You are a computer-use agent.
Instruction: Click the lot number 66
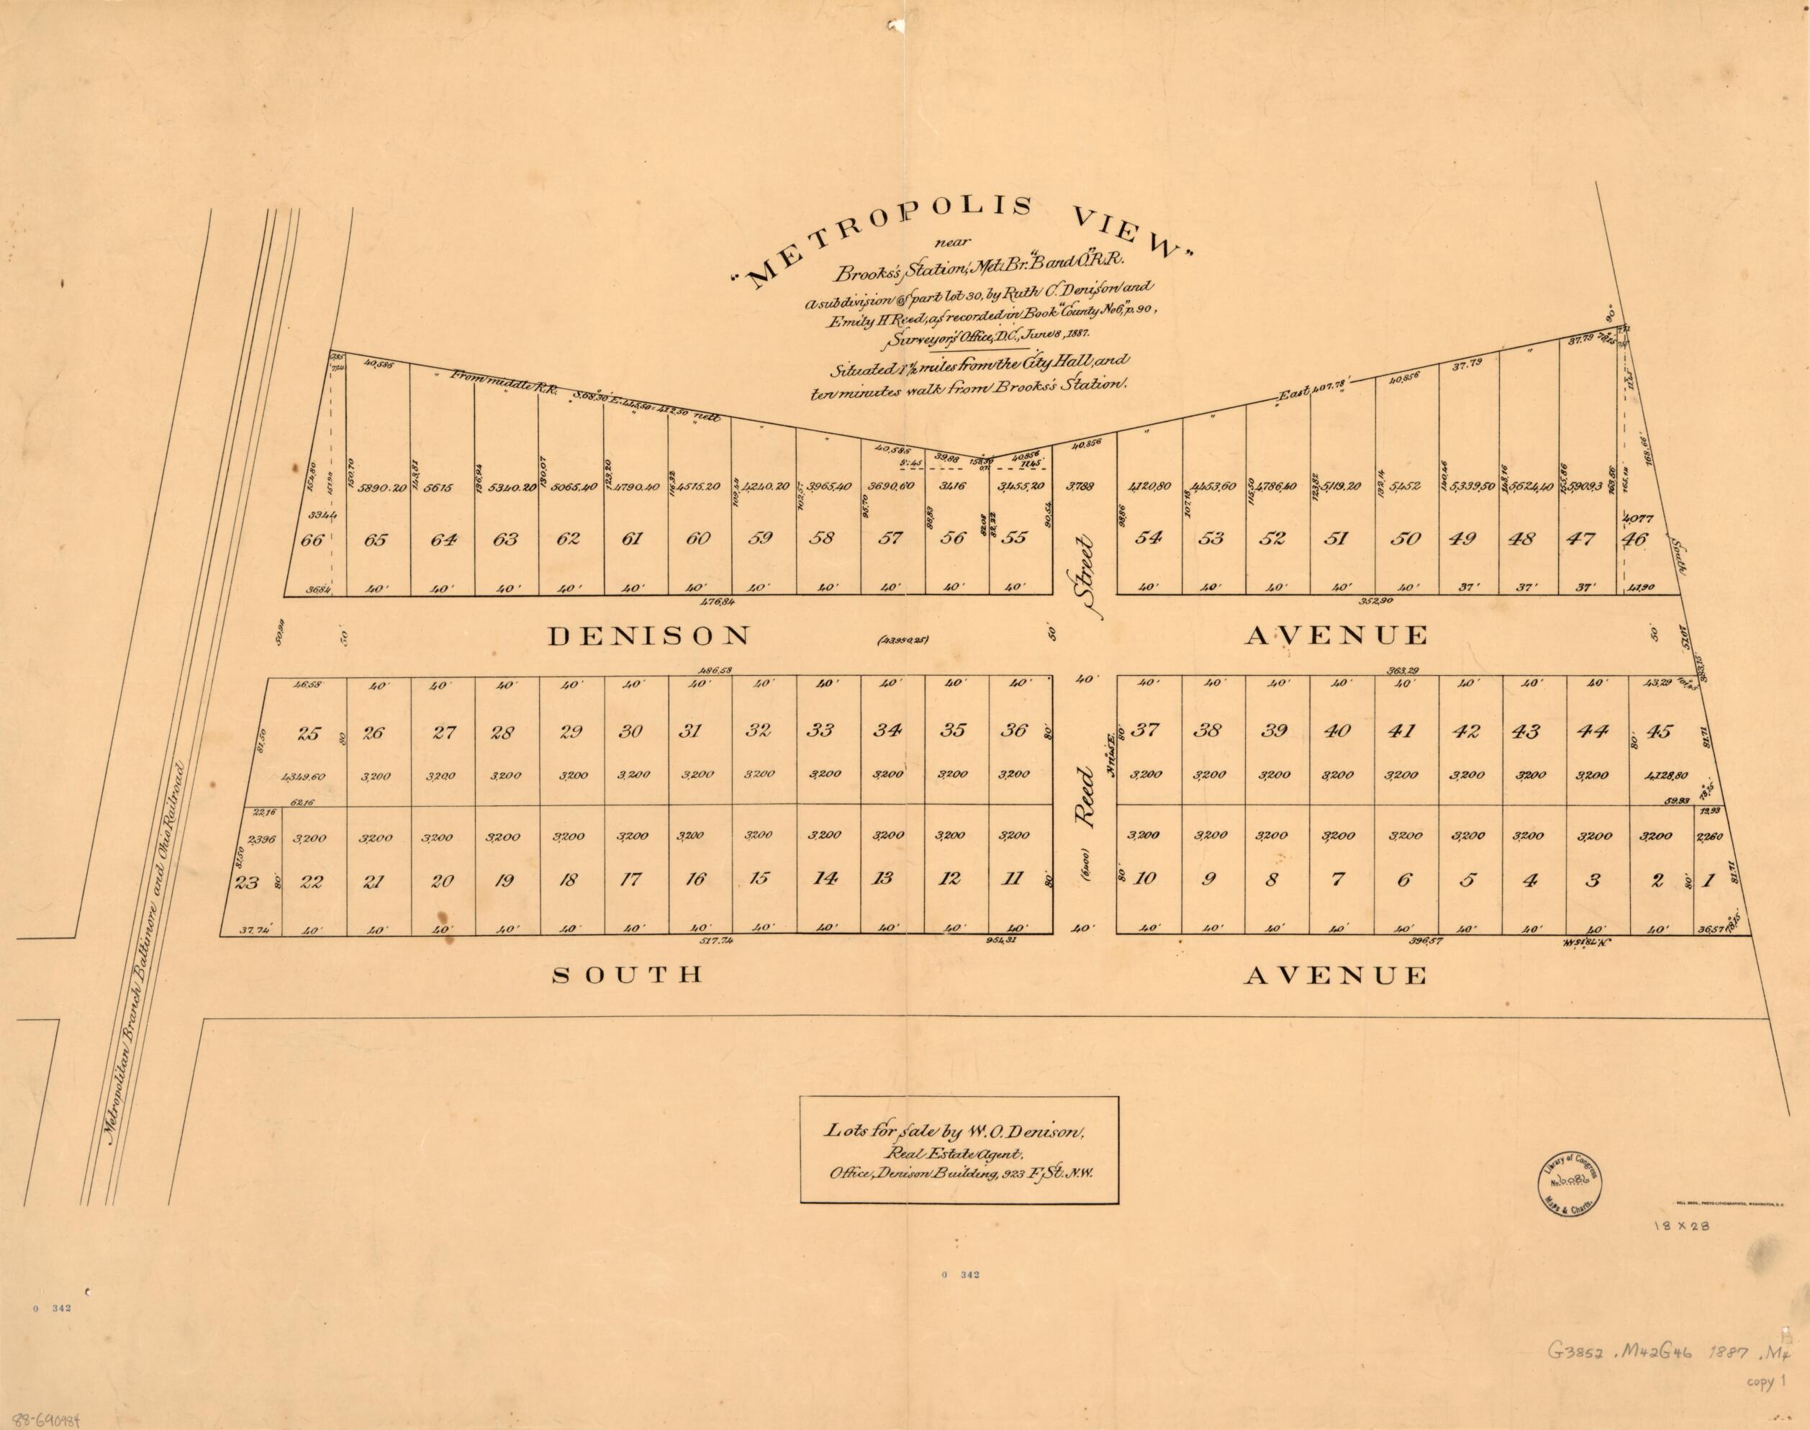[x=312, y=540]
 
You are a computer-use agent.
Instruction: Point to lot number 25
[x=309, y=734]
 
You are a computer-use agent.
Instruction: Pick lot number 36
[x=1014, y=730]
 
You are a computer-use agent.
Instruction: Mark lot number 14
[x=825, y=879]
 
